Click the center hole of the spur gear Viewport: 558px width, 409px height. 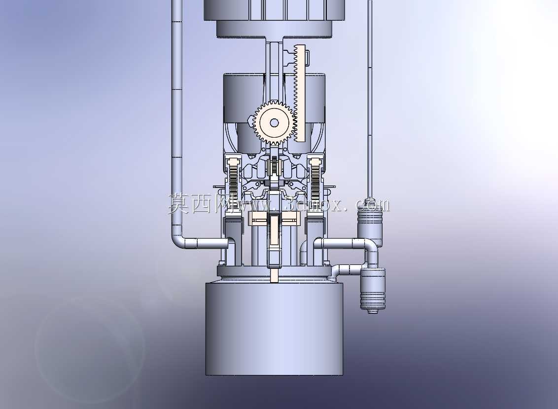click(274, 123)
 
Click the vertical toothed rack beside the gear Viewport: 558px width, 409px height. click(300, 93)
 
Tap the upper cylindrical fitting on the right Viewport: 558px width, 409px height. click(370, 223)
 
